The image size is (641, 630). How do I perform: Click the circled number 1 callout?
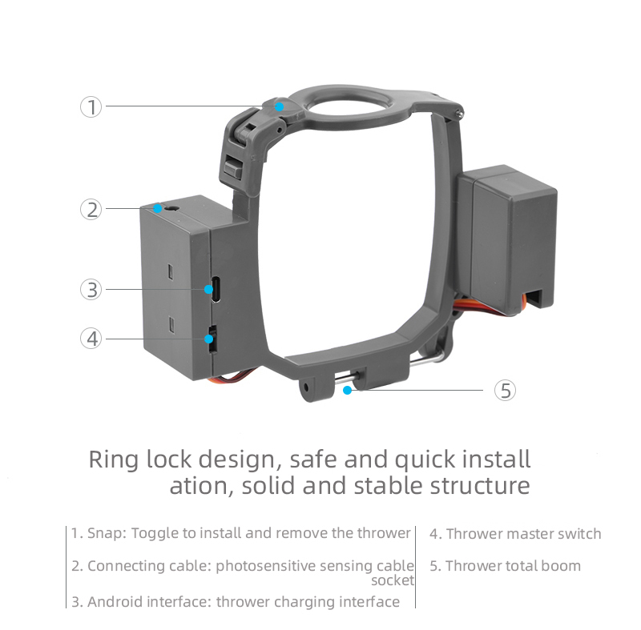point(91,107)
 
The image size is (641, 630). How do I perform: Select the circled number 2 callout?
point(91,209)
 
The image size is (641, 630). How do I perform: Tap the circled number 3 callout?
point(91,290)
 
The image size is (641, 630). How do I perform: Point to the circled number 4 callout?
point(91,339)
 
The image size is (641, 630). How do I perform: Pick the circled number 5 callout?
point(505,391)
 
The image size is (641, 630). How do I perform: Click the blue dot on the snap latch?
point(279,106)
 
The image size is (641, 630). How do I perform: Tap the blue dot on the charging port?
point(208,289)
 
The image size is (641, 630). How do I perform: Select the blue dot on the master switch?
point(209,339)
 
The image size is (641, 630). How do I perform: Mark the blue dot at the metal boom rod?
point(348,391)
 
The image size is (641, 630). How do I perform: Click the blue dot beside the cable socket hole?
point(157,209)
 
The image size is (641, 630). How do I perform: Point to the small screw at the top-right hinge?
point(460,113)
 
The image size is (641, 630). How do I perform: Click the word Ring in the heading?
point(113,459)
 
